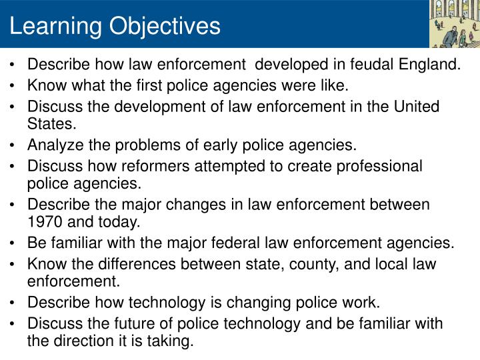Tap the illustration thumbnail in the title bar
coord(453,24)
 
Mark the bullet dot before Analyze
coord(14,145)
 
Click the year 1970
coord(44,221)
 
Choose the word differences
coord(147,263)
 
